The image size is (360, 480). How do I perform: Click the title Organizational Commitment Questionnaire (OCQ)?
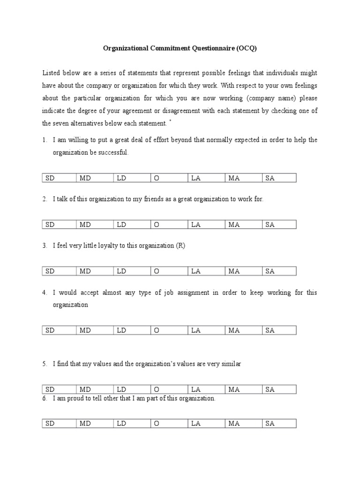180,48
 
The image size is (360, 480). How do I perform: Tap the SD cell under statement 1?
59,178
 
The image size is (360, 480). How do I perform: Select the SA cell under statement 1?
279,178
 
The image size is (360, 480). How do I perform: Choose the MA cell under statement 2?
243,225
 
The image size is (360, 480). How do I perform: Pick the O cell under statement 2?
169,225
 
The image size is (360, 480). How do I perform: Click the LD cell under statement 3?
132,271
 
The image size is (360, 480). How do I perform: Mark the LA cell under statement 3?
206,271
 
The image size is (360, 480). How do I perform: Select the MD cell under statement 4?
95,330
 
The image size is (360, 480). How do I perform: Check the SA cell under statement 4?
279,330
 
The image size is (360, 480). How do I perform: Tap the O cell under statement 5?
169,390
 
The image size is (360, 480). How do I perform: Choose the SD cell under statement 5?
59,390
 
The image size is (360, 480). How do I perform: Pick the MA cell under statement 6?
243,424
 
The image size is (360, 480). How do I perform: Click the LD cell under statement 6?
132,424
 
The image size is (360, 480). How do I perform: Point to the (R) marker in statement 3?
180,246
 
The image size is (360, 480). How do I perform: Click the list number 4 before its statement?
44,292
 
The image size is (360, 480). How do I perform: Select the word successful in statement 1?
112,153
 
